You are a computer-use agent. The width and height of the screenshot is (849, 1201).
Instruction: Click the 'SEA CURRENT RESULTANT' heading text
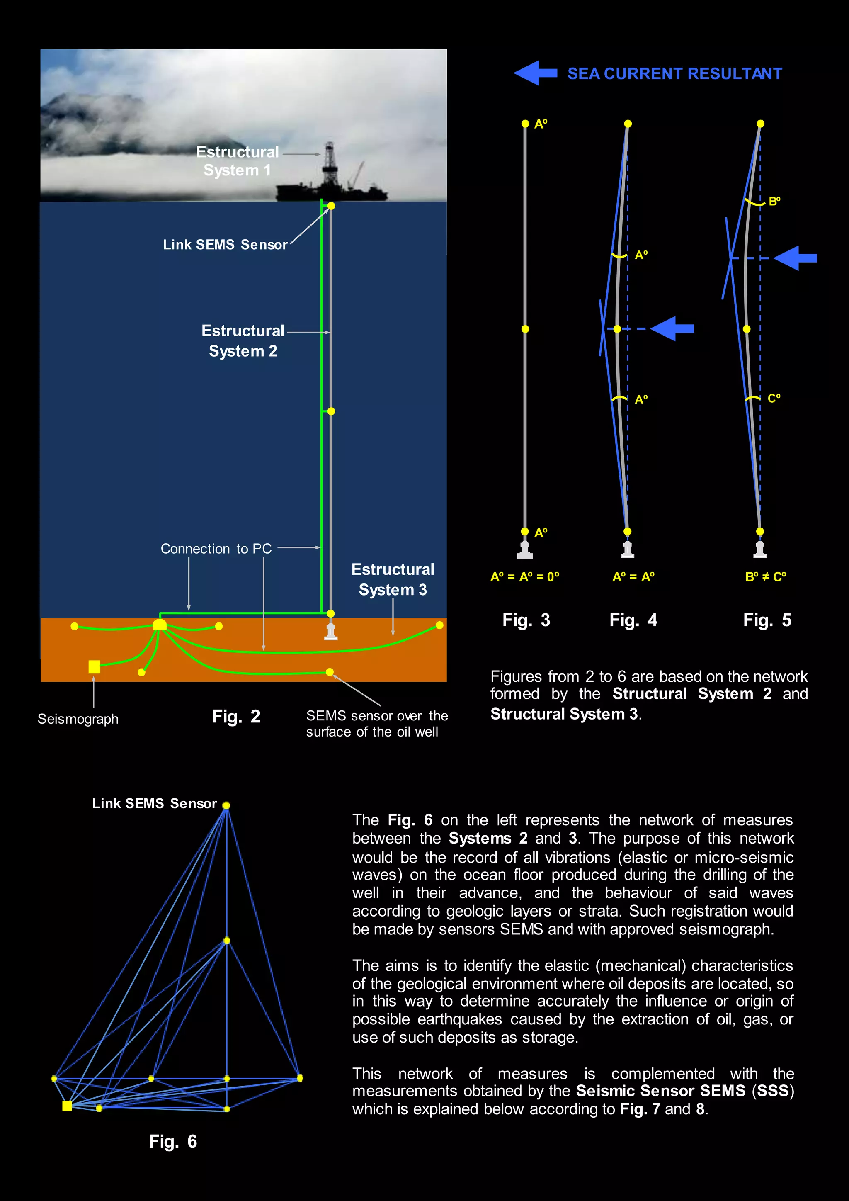674,74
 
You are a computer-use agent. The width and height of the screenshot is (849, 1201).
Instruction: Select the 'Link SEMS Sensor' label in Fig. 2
225,245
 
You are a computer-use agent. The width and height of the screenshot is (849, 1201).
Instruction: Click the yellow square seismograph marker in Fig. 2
94,666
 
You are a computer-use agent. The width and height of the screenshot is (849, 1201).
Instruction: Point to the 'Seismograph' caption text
78,719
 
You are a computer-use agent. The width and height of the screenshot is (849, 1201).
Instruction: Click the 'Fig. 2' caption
236,716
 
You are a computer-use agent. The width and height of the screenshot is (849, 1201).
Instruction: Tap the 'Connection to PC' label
216,549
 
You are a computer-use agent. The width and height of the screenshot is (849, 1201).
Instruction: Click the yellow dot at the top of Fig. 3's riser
525,124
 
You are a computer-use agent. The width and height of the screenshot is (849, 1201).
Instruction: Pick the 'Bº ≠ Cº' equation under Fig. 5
765,576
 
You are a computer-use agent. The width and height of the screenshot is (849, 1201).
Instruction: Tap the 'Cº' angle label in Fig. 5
774,399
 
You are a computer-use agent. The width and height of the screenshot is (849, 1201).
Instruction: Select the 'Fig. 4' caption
633,620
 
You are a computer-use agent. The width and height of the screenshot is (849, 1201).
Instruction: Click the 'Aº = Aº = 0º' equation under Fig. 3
524,576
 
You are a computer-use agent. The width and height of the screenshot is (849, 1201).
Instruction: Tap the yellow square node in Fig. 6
67,1105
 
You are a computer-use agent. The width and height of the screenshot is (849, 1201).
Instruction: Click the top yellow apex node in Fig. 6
226,805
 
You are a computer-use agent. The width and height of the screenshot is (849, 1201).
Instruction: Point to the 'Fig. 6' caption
172,1141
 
